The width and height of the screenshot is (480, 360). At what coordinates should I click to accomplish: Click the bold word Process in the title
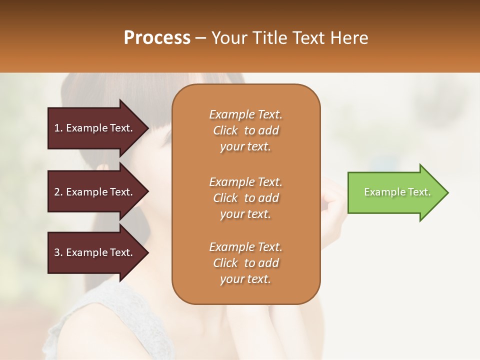click(x=157, y=38)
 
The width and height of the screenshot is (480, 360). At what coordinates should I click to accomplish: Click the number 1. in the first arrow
click(x=58, y=128)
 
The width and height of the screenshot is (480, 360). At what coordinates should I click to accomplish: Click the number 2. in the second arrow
click(x=58, y=192)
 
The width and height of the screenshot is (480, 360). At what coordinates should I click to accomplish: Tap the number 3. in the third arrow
click(x=58, y=252)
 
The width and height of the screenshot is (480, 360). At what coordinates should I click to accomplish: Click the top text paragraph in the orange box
click(x=245, y=130)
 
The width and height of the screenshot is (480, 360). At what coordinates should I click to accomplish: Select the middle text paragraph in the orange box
click(x=245, y=197)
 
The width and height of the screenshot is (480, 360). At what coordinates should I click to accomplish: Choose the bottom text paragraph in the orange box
click(x=245, y=262)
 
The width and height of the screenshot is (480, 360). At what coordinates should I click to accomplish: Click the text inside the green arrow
click(x=397, y=192)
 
